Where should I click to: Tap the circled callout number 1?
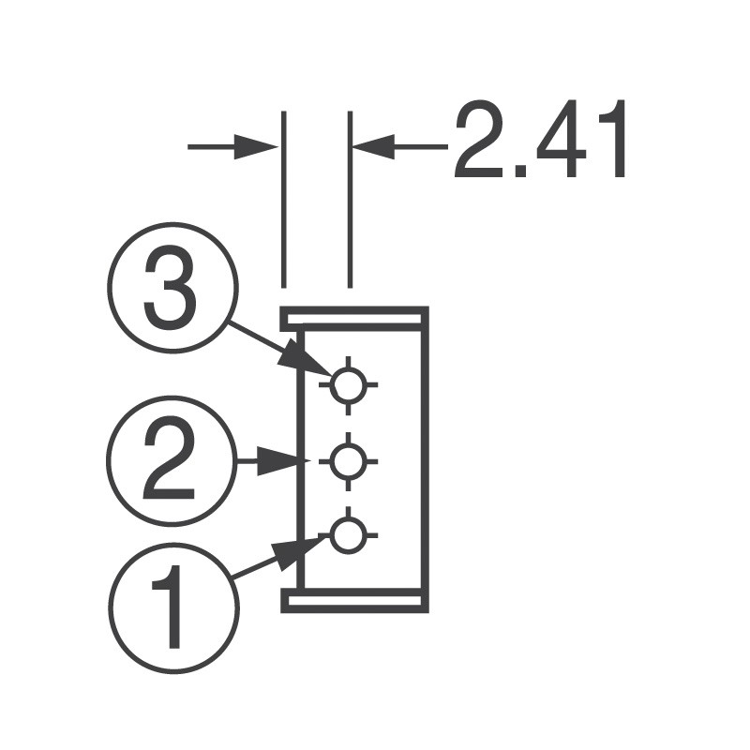(x=173, y=607)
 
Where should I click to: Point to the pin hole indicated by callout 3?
(x=348, y=383)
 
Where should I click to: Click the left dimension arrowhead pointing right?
(x=258, y=146)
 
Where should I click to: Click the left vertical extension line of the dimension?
(x=282, y=197)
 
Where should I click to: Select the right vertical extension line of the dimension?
(x=350, y=197)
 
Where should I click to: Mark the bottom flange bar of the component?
(x=354, y=600)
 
